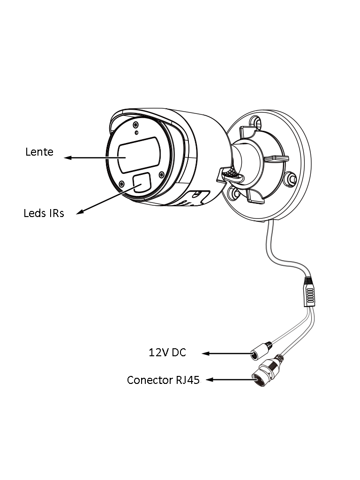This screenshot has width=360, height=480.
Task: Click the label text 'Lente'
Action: (x=39, y=152)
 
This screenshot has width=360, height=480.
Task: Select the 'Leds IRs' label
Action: (x=44, y=213)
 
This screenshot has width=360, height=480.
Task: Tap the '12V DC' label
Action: (x=167, y=352)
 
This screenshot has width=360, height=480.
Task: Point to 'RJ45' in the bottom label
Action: (x=188, y=380)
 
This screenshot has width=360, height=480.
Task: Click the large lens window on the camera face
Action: (x=139, y=155)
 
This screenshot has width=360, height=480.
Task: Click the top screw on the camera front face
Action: (x=135, y=125)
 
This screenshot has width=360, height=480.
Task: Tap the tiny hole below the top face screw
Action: (x=136, y=133)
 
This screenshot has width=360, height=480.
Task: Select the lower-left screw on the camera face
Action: (x=121, y=183)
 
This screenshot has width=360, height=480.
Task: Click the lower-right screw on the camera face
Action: (x=161, y=175)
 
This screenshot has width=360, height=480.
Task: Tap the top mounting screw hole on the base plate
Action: (x=256, y=122)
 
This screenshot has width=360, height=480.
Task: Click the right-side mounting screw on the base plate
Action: (x=291, y=179)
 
